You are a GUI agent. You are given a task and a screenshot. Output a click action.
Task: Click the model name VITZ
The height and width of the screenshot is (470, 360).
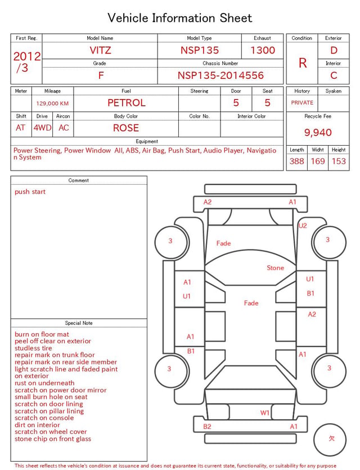click(100, 50)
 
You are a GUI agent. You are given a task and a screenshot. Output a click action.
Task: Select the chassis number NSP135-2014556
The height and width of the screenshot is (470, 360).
click(220, 75)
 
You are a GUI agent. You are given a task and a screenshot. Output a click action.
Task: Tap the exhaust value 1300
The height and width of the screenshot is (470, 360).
click(263, 50)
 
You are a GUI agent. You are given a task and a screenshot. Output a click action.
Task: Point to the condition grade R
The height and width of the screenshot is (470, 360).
click(303, 63)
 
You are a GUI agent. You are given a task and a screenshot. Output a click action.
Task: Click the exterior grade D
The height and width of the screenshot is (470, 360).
click(334, 50)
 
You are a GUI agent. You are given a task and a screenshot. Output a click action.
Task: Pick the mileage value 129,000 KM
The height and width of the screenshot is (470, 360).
click(52, 104)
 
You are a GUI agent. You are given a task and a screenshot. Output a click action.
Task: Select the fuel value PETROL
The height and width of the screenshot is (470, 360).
click(127, 103)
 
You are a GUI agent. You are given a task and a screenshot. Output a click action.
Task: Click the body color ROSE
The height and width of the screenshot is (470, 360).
click(126, 128)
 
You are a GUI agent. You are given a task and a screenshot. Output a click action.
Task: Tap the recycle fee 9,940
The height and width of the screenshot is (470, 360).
click(318, 132)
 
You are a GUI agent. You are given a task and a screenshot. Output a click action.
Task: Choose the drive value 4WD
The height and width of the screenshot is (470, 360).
click(42, 128)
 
